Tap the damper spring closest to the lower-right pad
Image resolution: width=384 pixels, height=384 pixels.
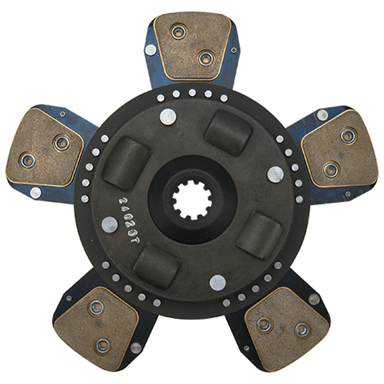(258, 233)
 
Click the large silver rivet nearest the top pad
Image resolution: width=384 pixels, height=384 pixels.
(168, 117)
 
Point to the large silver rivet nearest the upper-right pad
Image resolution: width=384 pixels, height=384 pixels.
(275, 174)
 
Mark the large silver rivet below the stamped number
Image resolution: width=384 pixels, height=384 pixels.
(110, 225)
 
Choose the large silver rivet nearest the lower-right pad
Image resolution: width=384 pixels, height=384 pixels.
(218, 282)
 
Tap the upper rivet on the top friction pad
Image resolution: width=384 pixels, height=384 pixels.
(177, 31)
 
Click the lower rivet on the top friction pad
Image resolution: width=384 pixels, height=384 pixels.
(206, 59)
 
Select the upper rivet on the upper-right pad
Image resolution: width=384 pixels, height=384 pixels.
(348, 136)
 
